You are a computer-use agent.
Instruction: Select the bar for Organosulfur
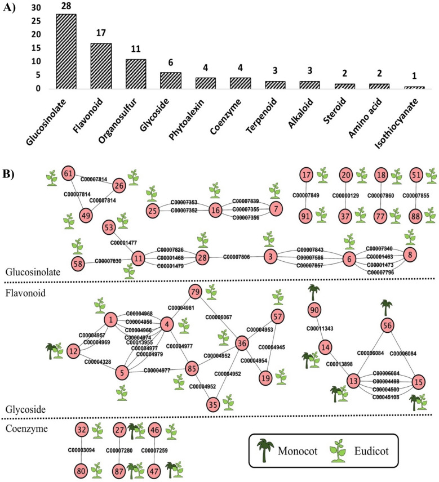tap(136, 74)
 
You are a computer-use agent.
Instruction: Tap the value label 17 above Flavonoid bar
tap(101, 34)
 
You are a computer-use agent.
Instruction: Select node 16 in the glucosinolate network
tap(215, 210)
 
